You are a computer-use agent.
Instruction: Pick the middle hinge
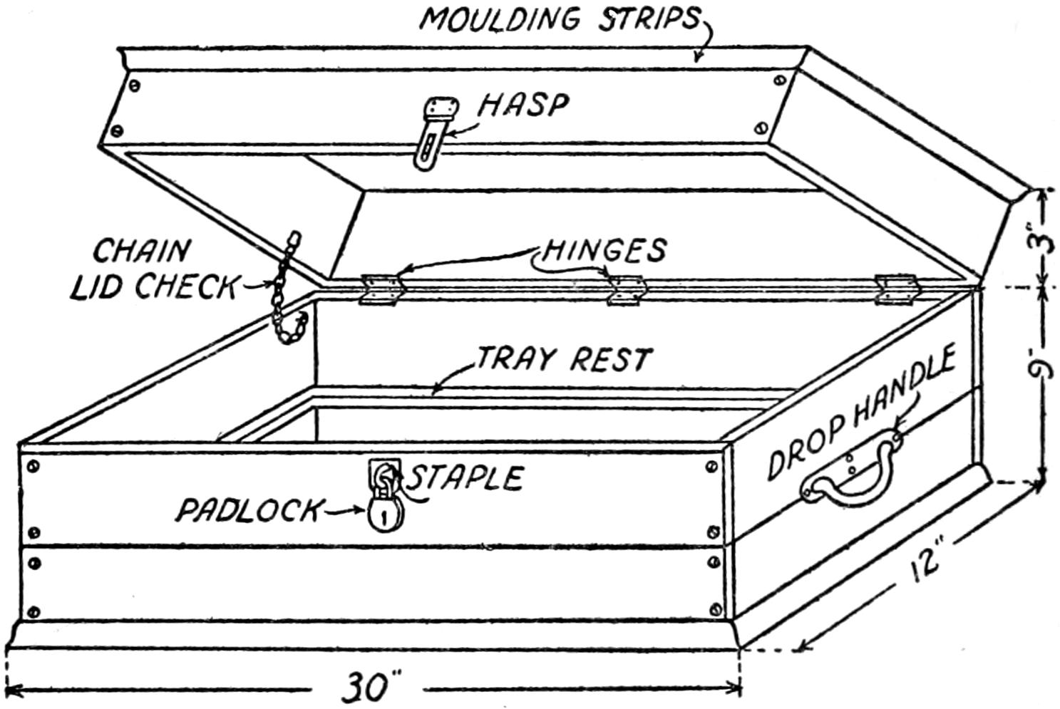625,290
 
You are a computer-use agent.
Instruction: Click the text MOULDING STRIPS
560,19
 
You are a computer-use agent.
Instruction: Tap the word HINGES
604,250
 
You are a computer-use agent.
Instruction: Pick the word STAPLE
467,477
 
